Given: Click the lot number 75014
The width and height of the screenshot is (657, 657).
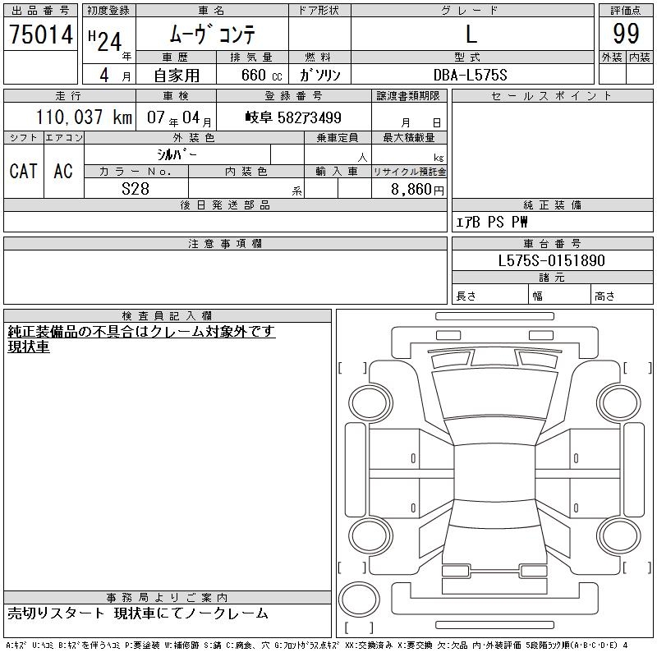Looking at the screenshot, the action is click(x=41, y=34).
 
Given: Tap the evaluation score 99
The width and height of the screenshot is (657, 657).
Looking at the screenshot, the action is click(x=626, y=34).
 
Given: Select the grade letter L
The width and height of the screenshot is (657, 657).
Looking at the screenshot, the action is click(x=471, y=34).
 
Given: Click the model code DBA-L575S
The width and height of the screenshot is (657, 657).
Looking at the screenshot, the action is click(x=470, y=75).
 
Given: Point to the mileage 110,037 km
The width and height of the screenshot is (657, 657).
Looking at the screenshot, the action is click(x=84, y=117).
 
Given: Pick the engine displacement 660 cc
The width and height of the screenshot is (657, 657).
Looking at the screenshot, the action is click(x=261, y=75).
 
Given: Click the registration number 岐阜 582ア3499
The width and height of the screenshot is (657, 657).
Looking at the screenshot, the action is click(x=293, y=117).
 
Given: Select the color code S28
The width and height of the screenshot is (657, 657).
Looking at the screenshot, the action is click(x=136, y=189).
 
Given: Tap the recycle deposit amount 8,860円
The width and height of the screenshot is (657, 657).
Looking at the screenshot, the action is click(x=417, y=190).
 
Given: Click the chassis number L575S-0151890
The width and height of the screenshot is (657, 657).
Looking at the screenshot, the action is click(x=551, y=260).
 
